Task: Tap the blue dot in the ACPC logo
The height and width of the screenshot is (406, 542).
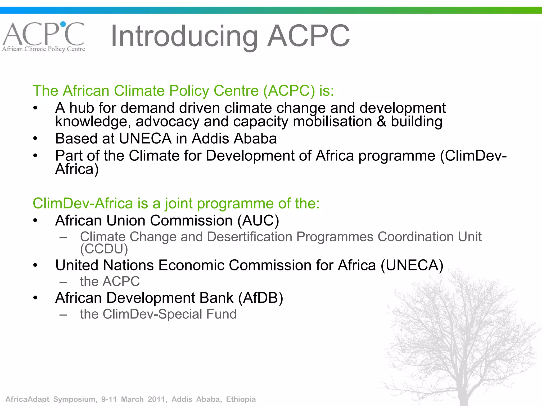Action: click(x=63, y=24)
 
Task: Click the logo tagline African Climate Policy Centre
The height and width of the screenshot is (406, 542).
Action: click(x=44, y=49)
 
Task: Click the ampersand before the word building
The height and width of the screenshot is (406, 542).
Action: click(x=381, y=122)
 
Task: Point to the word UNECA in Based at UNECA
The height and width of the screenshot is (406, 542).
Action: click(x=145, y=139)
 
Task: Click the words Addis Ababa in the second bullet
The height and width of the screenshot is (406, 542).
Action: click(x=234, y=139)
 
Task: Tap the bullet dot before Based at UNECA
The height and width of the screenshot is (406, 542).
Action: click(x=35, y=139)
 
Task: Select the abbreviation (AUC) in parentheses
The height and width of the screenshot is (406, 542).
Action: click(x=258, y=220)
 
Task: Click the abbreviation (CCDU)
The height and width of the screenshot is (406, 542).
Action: click(x=104, y=249)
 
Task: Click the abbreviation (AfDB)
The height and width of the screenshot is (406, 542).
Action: click(x=261, y=298)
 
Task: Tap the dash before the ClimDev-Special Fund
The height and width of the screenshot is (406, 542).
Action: click(x=63, y=315)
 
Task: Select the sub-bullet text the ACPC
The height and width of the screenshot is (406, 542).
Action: click(x=110, y=282)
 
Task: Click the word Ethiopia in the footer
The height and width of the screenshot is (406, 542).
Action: click(x=241, y=399)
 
